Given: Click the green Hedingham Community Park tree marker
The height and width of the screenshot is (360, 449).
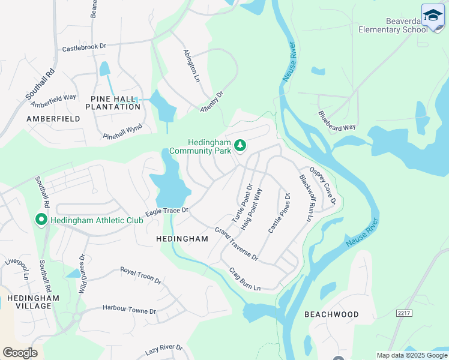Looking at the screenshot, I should click(240, 145).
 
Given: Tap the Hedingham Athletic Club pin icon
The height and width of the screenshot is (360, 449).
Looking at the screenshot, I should click(41, 220).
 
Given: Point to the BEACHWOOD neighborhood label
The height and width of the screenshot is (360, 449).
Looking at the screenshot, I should click(331, 314).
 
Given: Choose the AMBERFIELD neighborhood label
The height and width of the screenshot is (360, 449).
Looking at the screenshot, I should click(53, 119).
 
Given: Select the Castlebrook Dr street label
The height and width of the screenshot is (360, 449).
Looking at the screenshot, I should click(84, 47).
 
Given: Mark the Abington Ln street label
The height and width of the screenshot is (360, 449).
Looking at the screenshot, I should click(190, 65).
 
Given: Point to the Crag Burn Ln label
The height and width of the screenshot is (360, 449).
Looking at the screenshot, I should click(245, 280).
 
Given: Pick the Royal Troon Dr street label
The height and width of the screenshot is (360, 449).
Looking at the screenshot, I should click(140, 276).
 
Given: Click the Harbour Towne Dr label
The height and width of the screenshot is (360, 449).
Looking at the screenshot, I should click(129, 311).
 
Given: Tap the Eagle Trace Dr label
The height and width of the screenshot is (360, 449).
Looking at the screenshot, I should click(167, 211).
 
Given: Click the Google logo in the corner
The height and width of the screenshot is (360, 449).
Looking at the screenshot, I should click(20, 353).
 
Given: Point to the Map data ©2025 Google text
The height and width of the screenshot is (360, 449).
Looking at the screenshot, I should click(411, 355).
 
